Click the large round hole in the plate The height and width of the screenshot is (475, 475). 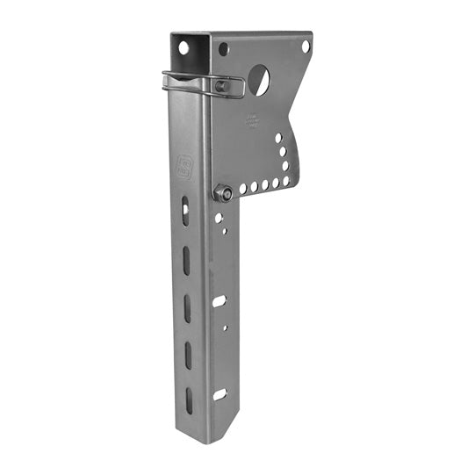[x=258, y=81]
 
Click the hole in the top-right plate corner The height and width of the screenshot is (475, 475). [x=306, y=46]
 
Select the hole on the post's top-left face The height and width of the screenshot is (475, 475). [x=184, y=47]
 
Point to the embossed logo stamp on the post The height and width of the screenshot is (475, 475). [x=184, y=168]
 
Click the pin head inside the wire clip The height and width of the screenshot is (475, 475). [x=222, y=86]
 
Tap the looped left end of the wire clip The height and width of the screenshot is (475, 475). [x=167, y=80]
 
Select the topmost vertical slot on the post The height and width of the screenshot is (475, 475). [x=184, y=210]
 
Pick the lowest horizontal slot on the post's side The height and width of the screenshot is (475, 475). [x=220, y=394]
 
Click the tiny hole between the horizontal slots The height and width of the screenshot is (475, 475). [x=224, y=327]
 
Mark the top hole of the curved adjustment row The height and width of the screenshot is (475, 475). [x=279, y=138]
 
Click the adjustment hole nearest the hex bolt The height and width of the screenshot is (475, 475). [x=241, y=189]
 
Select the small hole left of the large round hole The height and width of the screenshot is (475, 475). [x=224, y=49]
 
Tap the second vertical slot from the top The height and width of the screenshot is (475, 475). [x=185, y=259]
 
